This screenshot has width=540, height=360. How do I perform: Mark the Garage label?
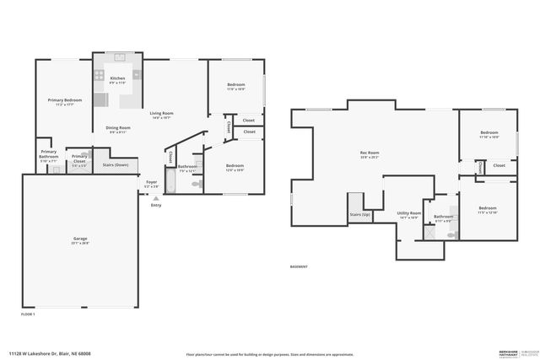pyautogui.click(x=80, y=239)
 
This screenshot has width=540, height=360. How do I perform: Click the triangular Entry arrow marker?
pyautogui.click(x=154, y=197)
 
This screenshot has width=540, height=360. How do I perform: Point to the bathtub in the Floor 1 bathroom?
pyautogui.click(x=170, y=182)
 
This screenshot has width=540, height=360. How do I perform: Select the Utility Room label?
pyautogui.click(x=408, y=214)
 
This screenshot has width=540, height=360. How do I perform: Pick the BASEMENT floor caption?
pyautogui.click(x=299, y=266)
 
